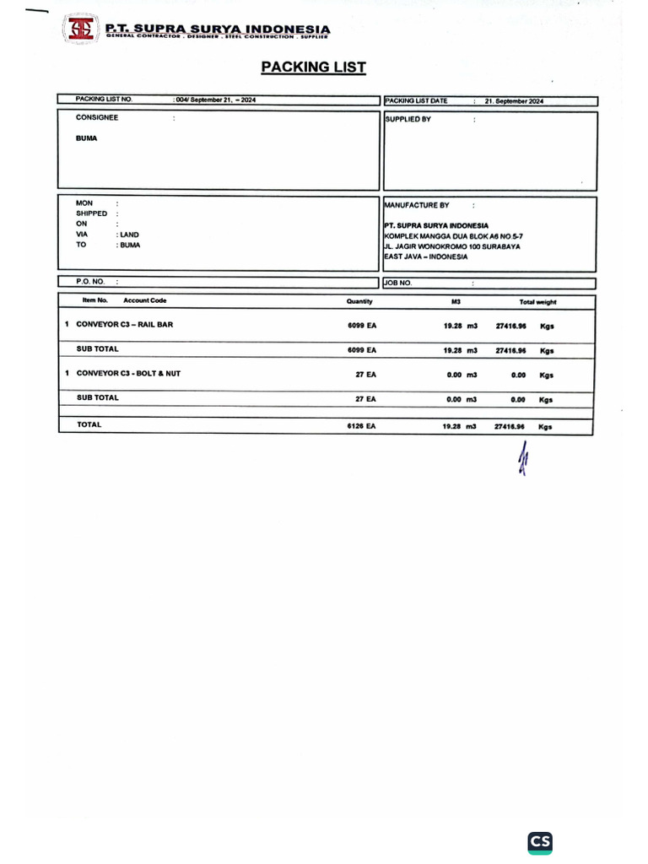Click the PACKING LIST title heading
[x=313, y=67]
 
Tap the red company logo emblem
[x=82, y=30]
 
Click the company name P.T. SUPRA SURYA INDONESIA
[x=217, y=30]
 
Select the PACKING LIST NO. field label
[x=104, y=100]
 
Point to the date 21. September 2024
[x=514, y=101]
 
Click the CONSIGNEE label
[x=97, y=118]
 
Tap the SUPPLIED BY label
[x=408, y=120]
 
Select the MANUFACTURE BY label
[x=417, y=205]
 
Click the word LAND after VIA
[x=129, y=235]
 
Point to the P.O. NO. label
[x=89, y=282]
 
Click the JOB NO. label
[x=398, y=283]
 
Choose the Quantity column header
[x=359, y=301]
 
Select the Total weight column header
[x=537, y=302]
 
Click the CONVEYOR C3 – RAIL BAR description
[x=124, y=324]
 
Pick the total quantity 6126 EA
[x=361, y=426]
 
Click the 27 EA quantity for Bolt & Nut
[x=365, y=374]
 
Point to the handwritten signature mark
[x=522, y=460]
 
